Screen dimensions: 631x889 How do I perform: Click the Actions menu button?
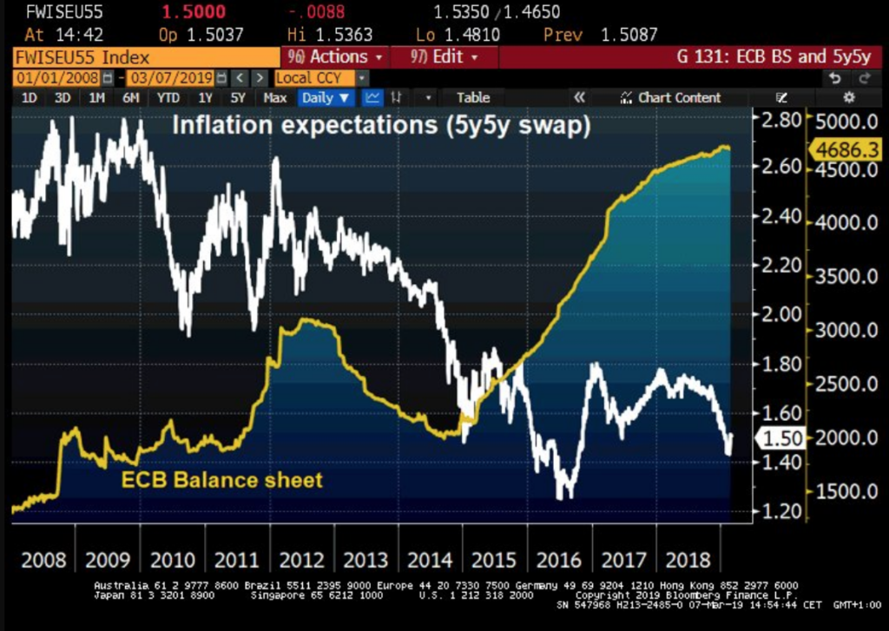(x=333, y=57)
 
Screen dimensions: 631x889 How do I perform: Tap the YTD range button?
(x=168, y=97)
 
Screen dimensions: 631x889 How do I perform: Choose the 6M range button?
(x=130, y=97)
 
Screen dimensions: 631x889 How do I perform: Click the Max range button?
(x=274, y=97)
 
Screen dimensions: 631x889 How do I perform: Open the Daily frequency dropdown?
(x=326, y=97)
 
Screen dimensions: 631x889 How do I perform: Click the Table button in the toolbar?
(x=473, y=97)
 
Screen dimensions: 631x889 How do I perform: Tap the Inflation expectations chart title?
(x=381, y=125)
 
